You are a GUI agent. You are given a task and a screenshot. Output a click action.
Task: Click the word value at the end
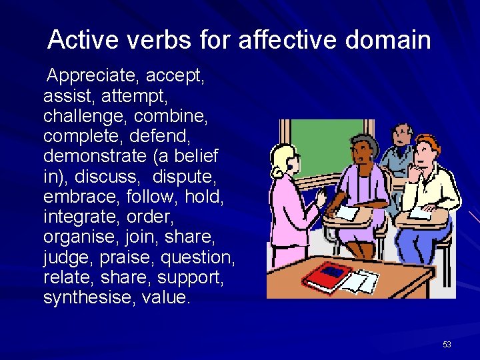(x=165, y=297)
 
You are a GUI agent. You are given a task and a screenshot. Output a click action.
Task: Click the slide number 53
(x=447, y=345)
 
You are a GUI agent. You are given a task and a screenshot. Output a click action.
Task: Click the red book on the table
(x=327, y=274)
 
